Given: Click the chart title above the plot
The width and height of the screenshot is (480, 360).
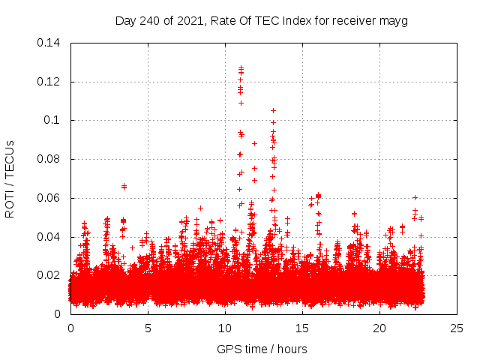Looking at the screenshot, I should (262, 20).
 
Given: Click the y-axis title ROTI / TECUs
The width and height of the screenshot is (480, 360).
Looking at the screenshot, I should (10, 178).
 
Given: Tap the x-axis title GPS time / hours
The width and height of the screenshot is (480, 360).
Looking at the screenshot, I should (262, 349).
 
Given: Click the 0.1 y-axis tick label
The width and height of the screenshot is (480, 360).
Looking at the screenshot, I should (53, 120).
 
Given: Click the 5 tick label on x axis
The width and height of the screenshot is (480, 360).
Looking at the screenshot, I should (148, 328).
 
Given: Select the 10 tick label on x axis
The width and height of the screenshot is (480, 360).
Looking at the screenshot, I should (225, 328).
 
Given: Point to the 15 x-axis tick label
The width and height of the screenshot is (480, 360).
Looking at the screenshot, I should (302, 328).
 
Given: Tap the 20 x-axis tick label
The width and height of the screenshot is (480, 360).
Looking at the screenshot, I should (379, 328).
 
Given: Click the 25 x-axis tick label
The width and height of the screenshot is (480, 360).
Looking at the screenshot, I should (457, 328).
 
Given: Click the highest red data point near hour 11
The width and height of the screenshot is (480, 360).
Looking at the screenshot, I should (241, 67).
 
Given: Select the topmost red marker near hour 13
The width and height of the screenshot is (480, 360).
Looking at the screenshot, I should (273, 110).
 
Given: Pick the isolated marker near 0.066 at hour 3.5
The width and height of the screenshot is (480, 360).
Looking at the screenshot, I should (124, 186).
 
